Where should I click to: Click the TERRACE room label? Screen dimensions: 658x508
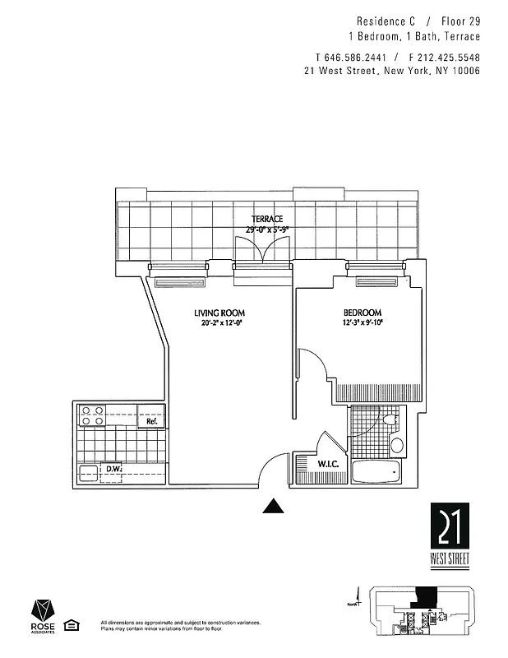(x=267, y=219)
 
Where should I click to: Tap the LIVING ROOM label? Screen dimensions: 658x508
(x=219, y=313)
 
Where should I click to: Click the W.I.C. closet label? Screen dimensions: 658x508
(x=310, y=466)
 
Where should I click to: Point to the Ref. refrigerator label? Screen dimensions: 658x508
(x=151, y=422)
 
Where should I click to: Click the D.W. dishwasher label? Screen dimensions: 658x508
(x=113, y=470)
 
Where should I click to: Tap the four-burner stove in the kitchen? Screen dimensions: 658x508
(x=91, y=415)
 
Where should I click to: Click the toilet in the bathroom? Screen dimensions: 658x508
(x=390, y=421)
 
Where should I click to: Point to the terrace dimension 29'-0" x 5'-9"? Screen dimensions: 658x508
(x=267, y=229)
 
